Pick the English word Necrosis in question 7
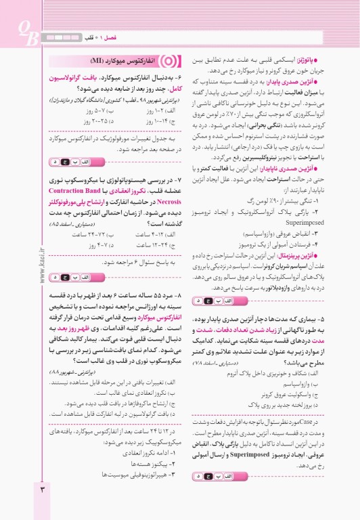coord(67,201)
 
